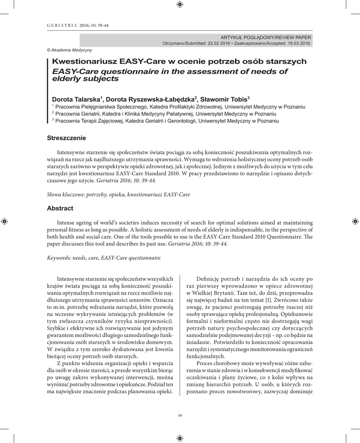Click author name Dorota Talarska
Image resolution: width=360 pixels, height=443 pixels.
(76, 98)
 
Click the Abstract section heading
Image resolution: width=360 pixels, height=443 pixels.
(60, 208)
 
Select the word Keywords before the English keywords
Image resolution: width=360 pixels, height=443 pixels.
(59, 258)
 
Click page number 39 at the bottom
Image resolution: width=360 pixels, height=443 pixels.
(180, 416)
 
